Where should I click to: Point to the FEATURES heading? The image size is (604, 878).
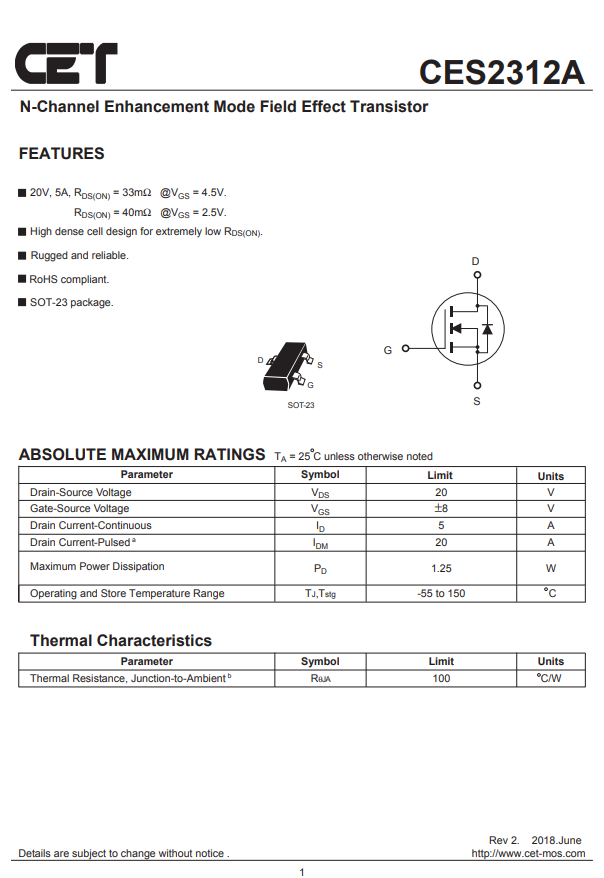click(61, 154)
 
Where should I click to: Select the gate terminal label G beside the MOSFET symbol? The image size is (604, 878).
click(388, 350)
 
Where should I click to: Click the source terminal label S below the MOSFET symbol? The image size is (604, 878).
click(476, 401)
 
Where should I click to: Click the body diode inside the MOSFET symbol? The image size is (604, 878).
click(487, 328)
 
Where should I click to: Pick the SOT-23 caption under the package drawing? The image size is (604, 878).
click(300, 405)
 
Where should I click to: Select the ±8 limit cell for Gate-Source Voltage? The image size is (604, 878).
click(440, 509)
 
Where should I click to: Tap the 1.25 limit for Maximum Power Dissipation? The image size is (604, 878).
click(440, 568)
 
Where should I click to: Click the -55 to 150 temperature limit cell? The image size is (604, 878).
click(440, 594)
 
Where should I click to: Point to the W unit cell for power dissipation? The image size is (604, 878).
click(550, 568)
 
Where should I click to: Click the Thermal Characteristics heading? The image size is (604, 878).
click(120, 641)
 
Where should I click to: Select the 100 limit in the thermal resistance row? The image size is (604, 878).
click(440, 679)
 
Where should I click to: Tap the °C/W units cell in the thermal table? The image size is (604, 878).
click(549, 679)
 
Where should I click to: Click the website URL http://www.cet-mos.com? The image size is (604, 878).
click(528, 854)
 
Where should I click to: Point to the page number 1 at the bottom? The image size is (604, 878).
click(301, 873)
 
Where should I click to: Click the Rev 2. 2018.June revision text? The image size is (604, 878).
click(534, 840)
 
